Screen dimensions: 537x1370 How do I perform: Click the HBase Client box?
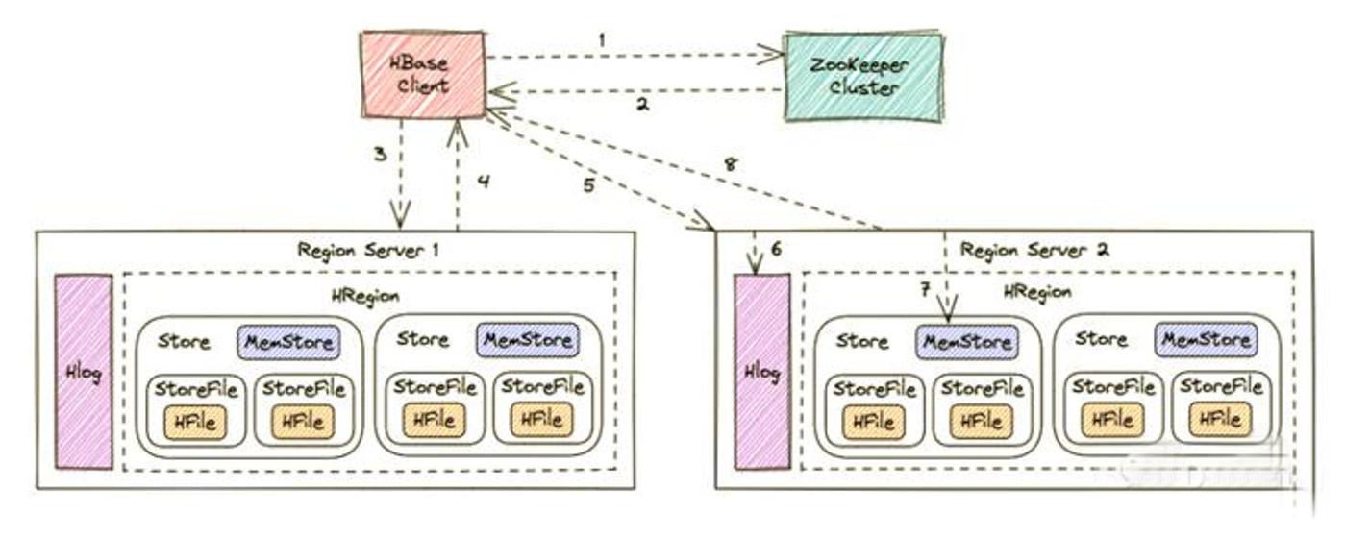422,75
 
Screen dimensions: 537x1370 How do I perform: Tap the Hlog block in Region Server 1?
83,372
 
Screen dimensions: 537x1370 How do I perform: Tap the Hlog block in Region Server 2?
762,372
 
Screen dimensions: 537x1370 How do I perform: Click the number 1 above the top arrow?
602,40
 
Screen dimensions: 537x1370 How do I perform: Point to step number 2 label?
643,105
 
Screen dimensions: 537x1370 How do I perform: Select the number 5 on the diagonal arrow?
588,185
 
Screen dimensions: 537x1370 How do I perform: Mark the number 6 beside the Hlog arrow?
776,249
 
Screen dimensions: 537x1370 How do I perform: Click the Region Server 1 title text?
368,250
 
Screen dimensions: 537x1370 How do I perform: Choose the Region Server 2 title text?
1034,250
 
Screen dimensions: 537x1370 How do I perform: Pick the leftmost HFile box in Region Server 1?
195,422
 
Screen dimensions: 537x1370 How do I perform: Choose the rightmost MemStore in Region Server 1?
528,339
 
